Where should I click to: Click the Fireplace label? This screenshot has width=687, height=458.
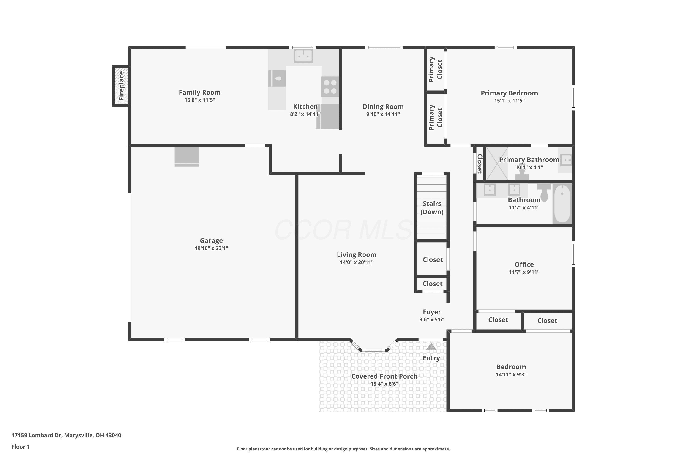coord(121,86)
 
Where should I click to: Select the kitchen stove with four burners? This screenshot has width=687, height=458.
coord(330,87)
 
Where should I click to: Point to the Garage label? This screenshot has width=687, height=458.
coord(211,241)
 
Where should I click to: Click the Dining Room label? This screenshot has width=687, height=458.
coord(383,107)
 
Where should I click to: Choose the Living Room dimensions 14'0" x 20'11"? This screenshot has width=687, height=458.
coord(357,262)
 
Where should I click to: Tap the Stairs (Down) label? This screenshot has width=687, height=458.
coord(432,208)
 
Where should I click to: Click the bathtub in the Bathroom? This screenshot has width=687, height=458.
coord(562,204)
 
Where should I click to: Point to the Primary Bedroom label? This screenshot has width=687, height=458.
coord(509,93)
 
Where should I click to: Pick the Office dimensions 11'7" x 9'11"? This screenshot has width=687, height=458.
coord(524,272)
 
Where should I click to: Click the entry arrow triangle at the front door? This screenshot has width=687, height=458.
coord(431,347)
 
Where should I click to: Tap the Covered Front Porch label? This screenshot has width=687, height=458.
coord(384,376)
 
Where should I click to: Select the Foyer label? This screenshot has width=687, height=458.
coord(432,312)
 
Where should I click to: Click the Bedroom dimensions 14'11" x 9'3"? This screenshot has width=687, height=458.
coord(511,375)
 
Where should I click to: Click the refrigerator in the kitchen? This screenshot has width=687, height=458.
coord(328,117)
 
